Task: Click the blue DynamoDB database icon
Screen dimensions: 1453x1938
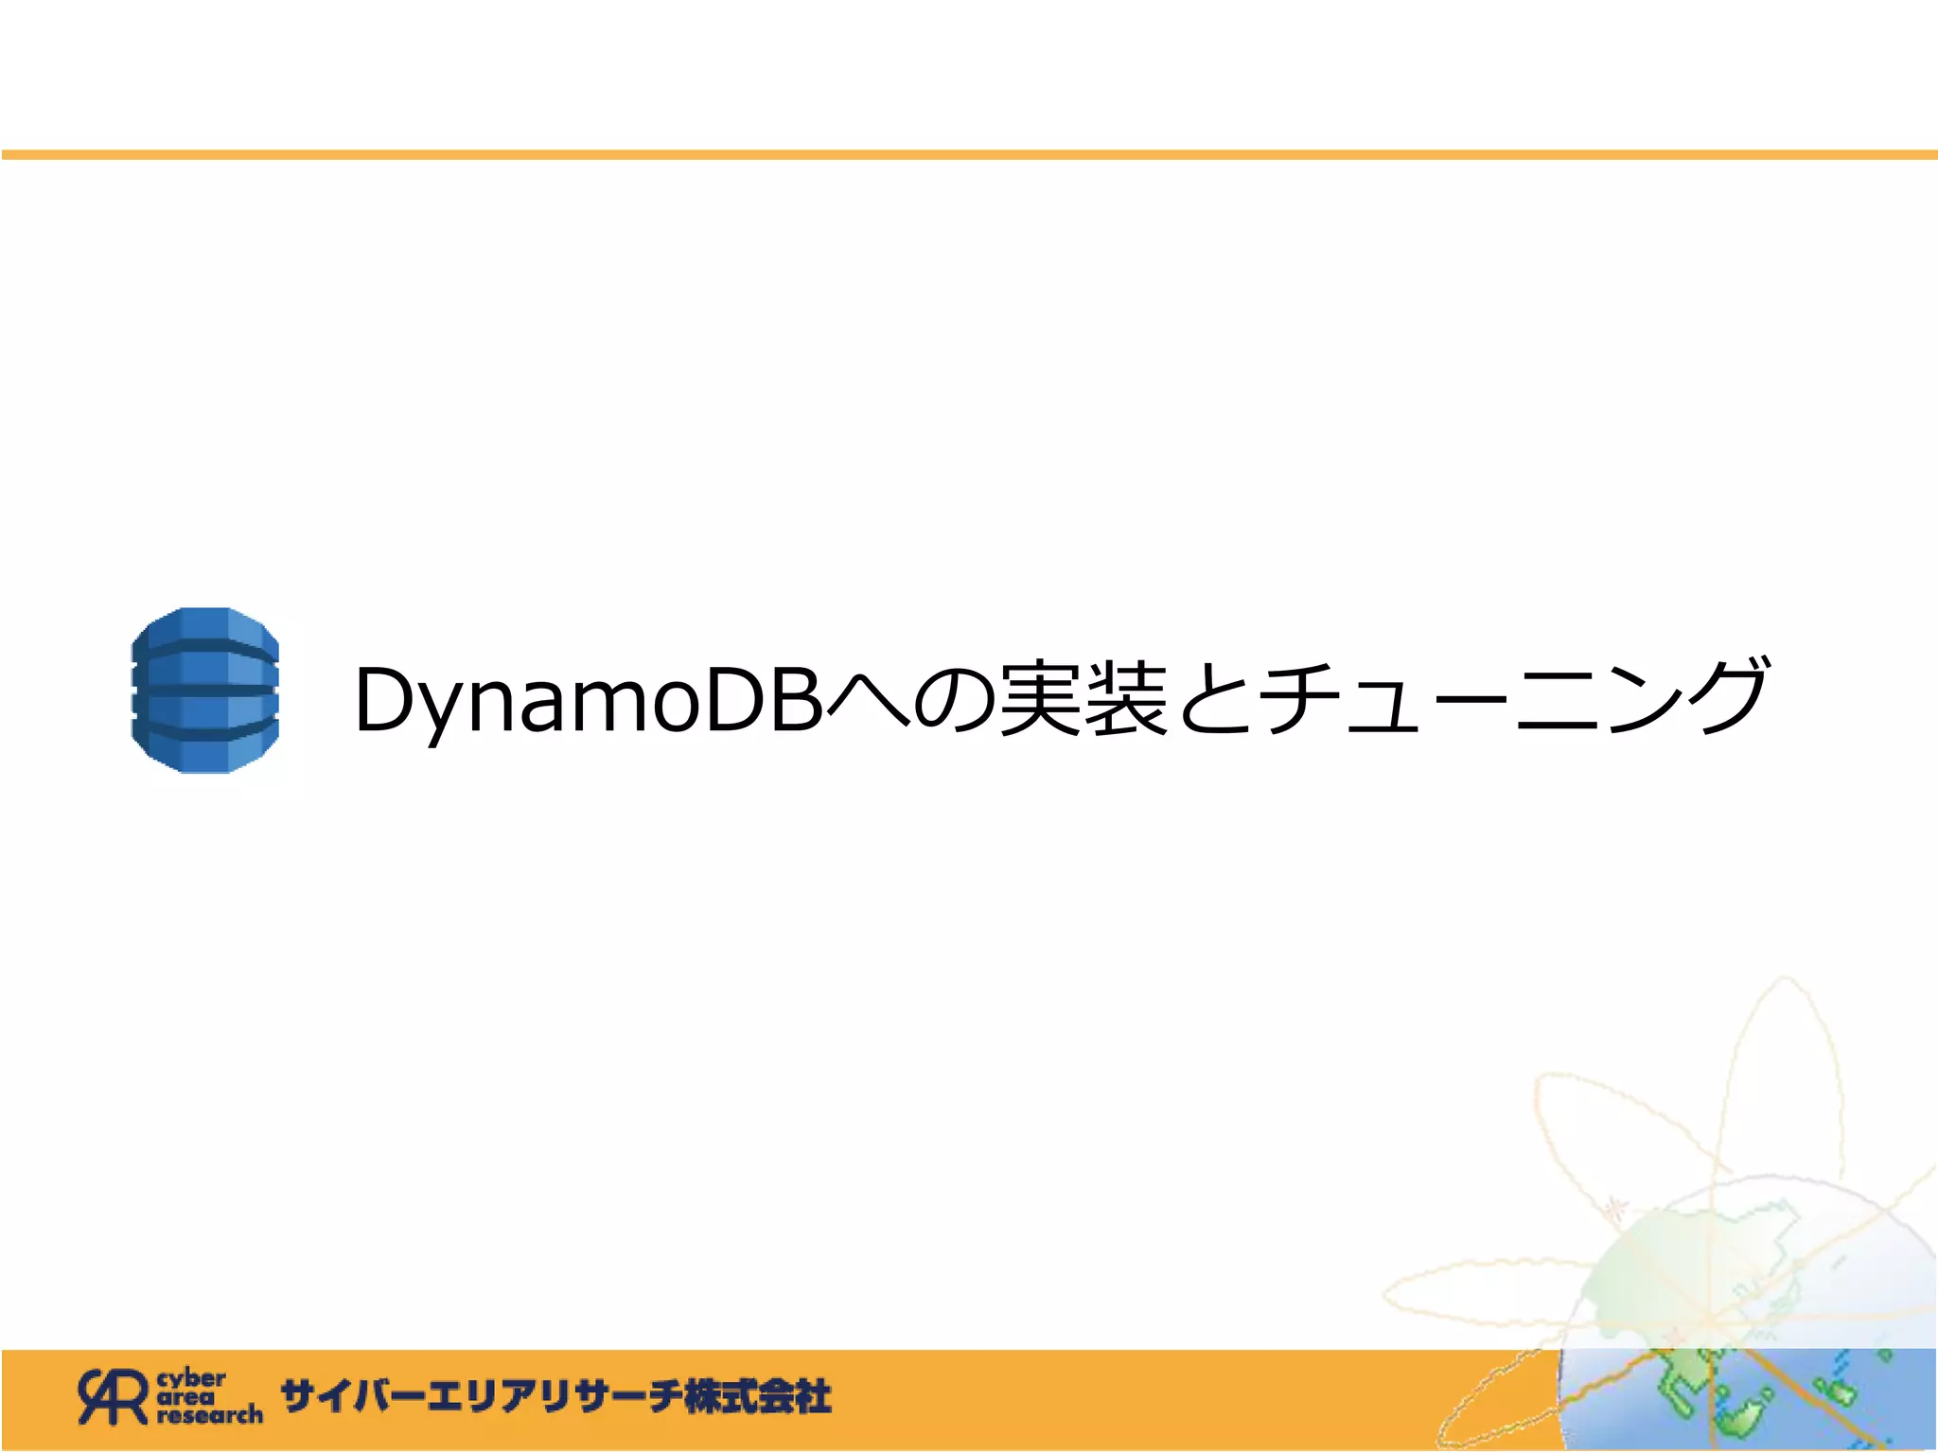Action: point(205,691)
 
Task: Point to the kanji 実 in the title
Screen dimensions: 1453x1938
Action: point(1041,700)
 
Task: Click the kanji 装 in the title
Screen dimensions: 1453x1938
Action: point(1126,700)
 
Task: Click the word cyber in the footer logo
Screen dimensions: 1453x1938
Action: point(191,1378)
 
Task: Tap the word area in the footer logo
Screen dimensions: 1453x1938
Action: point(185,1396)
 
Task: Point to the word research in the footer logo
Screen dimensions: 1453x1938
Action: point(209,1415)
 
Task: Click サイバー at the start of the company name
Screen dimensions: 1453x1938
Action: point(350,1397)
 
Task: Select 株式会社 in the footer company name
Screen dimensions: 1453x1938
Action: point(757,1397)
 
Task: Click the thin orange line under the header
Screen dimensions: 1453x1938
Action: point(969,154)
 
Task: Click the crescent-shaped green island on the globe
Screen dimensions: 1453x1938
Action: point(1741,1419)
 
